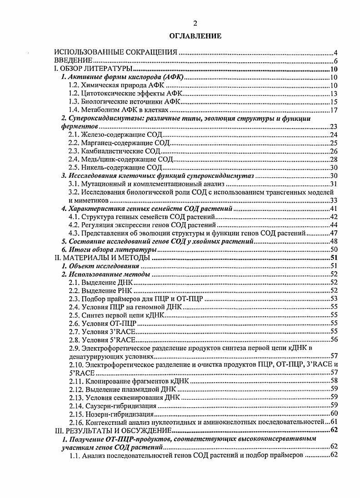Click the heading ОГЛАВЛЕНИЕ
(x=195, y=36)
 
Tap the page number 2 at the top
(x=195, y=24)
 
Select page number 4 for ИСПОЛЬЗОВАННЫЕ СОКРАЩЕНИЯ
(x=335, y=53)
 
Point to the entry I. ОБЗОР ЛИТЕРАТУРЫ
(x=93, y=69)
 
